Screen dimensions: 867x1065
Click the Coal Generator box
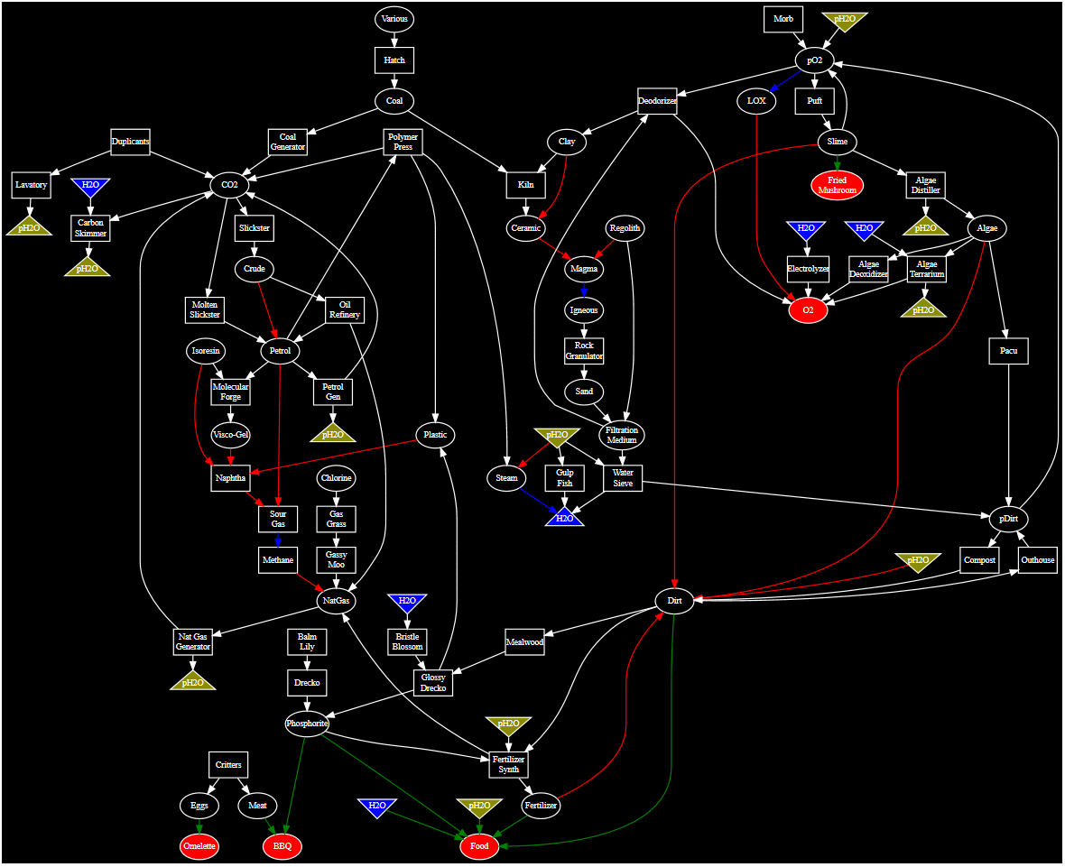pyautogui.click(x=288, y=143)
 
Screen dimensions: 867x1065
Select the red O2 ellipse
pyautogui.click(x=808, y=310)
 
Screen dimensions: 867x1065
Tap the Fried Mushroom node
pyautogui.click(x=837, y=186)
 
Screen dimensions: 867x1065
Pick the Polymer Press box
pyautogui.click(x=403, y=143)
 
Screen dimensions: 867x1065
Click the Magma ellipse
pyautogui.click(x=585, y=269)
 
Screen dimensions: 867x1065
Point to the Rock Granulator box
pyautogui.click(x=584, y=351)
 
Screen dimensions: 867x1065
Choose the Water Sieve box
pyautogui.click(x=623, y=477)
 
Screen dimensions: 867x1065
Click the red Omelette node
pyautogui.click(x=199, y=846)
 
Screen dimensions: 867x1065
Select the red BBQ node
pyautogui.click(x=282, y=846)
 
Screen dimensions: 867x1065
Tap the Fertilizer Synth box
pyautogui.click(x=509, y=764)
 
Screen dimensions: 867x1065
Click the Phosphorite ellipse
pyautogui.click(x=307, y=724)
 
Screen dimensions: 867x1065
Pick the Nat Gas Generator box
pyautogui.click(x=192, y=641)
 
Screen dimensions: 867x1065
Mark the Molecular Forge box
pyautogui.click(x=230, y=392)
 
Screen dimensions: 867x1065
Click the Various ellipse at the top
pyautogui.click(x=394, y=19)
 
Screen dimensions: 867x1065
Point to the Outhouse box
pyautogui.click(x=1037, y=559)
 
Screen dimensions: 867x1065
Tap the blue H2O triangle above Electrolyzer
pyautogui.click(x=807, y=230)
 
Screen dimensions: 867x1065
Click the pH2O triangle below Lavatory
pyautogui.click(x=29, y=227)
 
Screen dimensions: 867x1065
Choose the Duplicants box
pyautogui.click(x=131, y=142)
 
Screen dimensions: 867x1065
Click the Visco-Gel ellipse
pyautogui.click(x=230, y=435)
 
